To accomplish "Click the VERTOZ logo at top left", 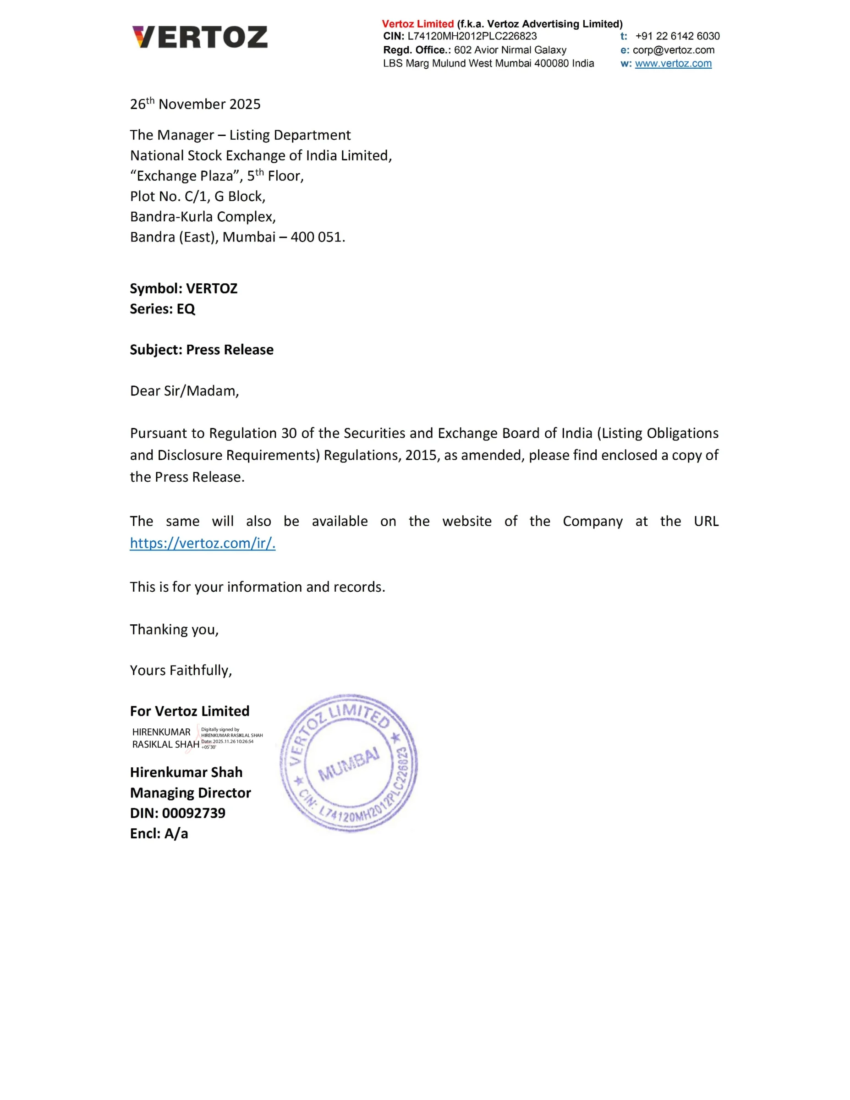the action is coord(199,37).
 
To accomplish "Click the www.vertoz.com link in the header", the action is coord(673,63).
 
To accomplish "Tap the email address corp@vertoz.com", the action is coord(673,50).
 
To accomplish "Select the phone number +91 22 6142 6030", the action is coord(677,36).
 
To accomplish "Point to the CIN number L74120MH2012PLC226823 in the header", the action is coord(472,36).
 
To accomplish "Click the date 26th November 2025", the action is coord(195,104).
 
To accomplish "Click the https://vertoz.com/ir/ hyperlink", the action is coord(203,543).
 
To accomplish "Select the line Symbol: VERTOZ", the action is coord(183,289).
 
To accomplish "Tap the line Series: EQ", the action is coord(162,309).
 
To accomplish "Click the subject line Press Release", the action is coord(230,350).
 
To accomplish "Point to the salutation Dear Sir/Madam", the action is coord(184,391).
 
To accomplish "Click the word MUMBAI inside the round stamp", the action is coord(348,764).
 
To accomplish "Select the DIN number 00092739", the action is coord(193,813).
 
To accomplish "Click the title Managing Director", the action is coord(190,793).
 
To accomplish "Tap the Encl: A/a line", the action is coord(159,834).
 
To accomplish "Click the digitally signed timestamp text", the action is coord(227,742).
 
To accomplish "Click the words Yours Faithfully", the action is coord(181,671).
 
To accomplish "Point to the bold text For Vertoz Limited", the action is coord(189,711).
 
